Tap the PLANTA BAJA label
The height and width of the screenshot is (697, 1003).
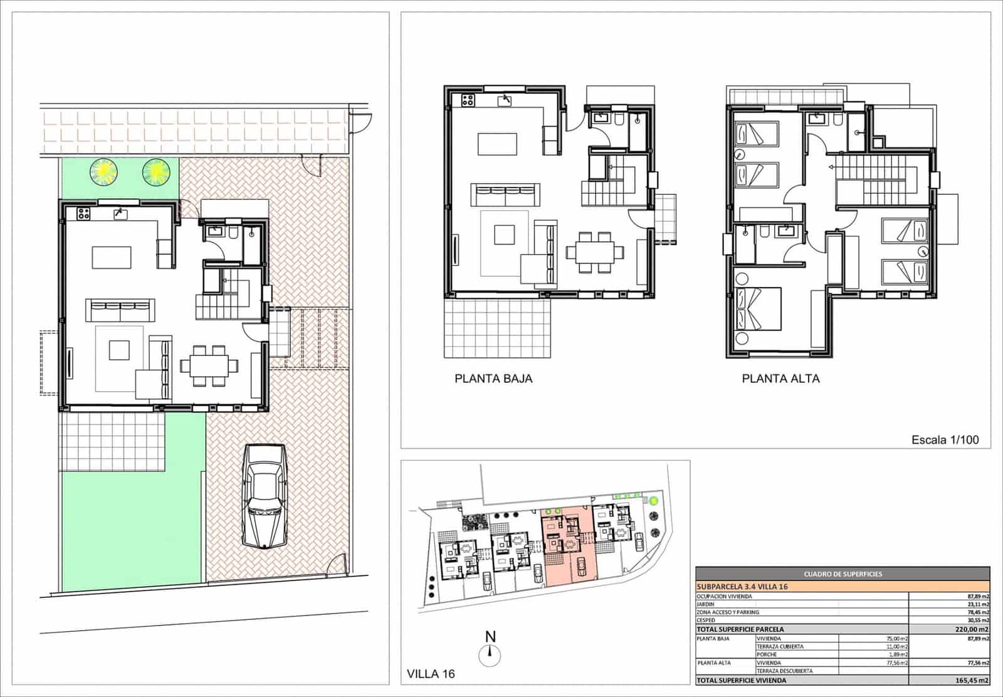click(493, 379)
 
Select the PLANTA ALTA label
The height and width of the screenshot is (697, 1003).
click(780, 379)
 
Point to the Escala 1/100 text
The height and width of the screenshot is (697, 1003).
click(945, 440)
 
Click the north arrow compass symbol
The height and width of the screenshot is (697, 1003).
click(490, 656)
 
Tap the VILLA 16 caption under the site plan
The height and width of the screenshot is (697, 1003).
click(431, 674)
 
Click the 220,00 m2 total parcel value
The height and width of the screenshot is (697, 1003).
click(975, 629)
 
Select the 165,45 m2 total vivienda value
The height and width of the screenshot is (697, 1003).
click(975, 680)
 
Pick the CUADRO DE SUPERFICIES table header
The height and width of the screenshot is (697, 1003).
click(843, 574)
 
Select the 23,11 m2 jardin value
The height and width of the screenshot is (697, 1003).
click(978, 604)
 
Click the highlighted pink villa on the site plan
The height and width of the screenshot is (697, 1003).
click(567, 545)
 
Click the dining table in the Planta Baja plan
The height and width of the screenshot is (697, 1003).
click(595, 253)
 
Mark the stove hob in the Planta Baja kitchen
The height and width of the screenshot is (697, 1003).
click(468, 99)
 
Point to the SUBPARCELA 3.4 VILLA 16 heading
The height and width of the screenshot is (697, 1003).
click(742, 587)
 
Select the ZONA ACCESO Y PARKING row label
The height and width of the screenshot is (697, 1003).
click(727, 612)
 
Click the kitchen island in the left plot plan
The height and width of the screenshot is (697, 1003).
click(112, 257)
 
